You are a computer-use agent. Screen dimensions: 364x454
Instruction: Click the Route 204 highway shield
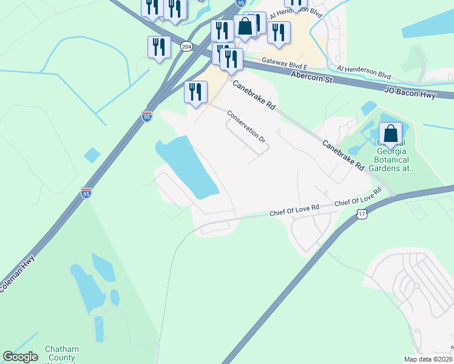point(186,46)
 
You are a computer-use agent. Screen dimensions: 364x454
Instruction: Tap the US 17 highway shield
point(362,214)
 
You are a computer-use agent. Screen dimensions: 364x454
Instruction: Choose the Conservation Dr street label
point(247,127)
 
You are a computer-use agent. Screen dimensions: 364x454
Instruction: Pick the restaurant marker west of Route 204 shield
point(159,47)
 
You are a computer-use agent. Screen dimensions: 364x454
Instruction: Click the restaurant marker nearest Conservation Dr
point(195,92)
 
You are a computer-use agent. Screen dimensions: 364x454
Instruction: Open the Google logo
point(21,357)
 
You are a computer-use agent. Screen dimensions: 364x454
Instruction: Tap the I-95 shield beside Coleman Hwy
point(86,193)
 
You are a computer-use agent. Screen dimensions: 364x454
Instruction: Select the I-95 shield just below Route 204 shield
point(147,116)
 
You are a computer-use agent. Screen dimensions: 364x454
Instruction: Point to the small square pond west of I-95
point(92,155)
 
